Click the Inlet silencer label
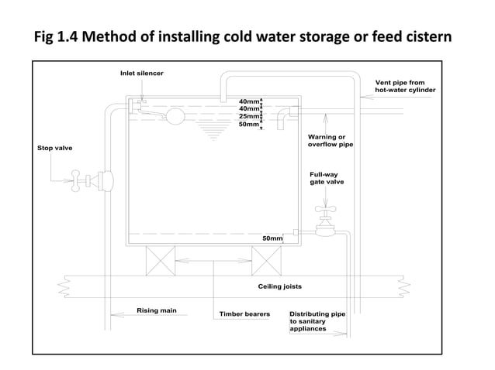141,74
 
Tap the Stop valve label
54,147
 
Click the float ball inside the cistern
175,116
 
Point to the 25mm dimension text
248,117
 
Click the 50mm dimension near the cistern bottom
272,238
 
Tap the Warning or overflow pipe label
331,141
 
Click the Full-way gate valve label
327,178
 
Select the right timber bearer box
265,261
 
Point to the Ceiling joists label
279,286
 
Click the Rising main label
156,310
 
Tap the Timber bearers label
244,314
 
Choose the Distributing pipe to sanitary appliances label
317,321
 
